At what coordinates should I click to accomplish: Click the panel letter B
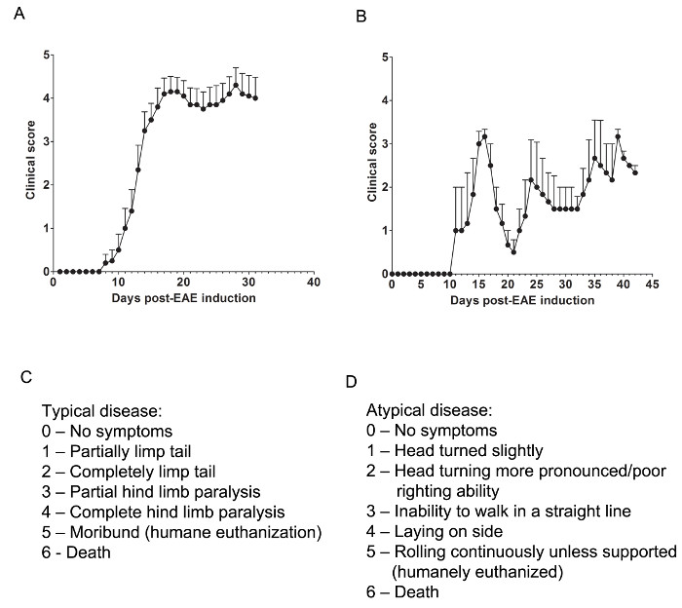(x=362, y=18)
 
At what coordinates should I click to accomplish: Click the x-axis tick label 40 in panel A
(x=314, y=284)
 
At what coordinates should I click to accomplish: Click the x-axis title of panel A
(x=182, y=297)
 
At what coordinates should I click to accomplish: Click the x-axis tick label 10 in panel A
(x=118, y=284)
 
